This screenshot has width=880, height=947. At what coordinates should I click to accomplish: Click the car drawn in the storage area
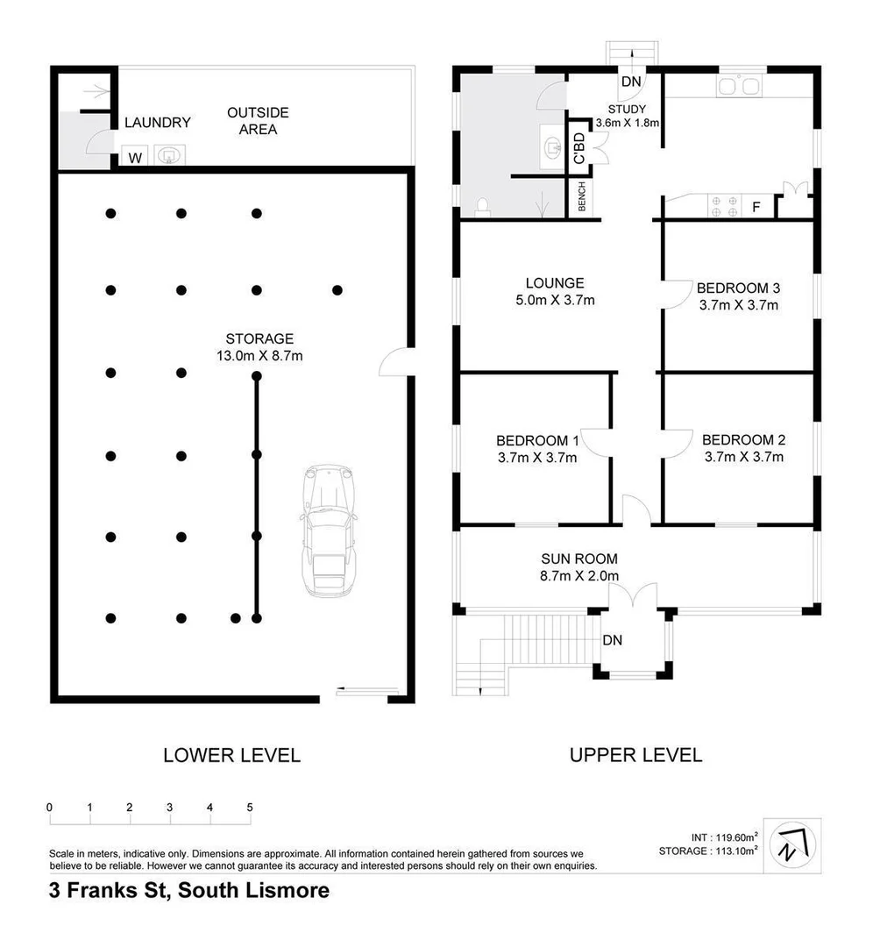328,531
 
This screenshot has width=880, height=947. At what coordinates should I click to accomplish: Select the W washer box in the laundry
134,158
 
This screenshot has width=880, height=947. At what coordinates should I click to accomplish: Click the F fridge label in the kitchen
756,209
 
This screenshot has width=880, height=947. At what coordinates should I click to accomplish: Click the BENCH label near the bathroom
582,197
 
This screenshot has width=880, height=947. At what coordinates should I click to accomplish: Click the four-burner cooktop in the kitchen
724,205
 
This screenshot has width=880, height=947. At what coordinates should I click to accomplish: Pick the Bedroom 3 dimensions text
739,305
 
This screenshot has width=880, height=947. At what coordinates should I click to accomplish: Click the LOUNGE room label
555,283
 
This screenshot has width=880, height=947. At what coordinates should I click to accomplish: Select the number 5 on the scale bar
250,808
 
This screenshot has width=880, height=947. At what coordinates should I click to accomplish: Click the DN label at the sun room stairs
612,641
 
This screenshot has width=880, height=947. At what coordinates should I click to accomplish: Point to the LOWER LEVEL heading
231,755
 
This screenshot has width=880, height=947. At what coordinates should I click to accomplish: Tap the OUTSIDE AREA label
258,121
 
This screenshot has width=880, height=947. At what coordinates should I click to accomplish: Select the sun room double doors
632,596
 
